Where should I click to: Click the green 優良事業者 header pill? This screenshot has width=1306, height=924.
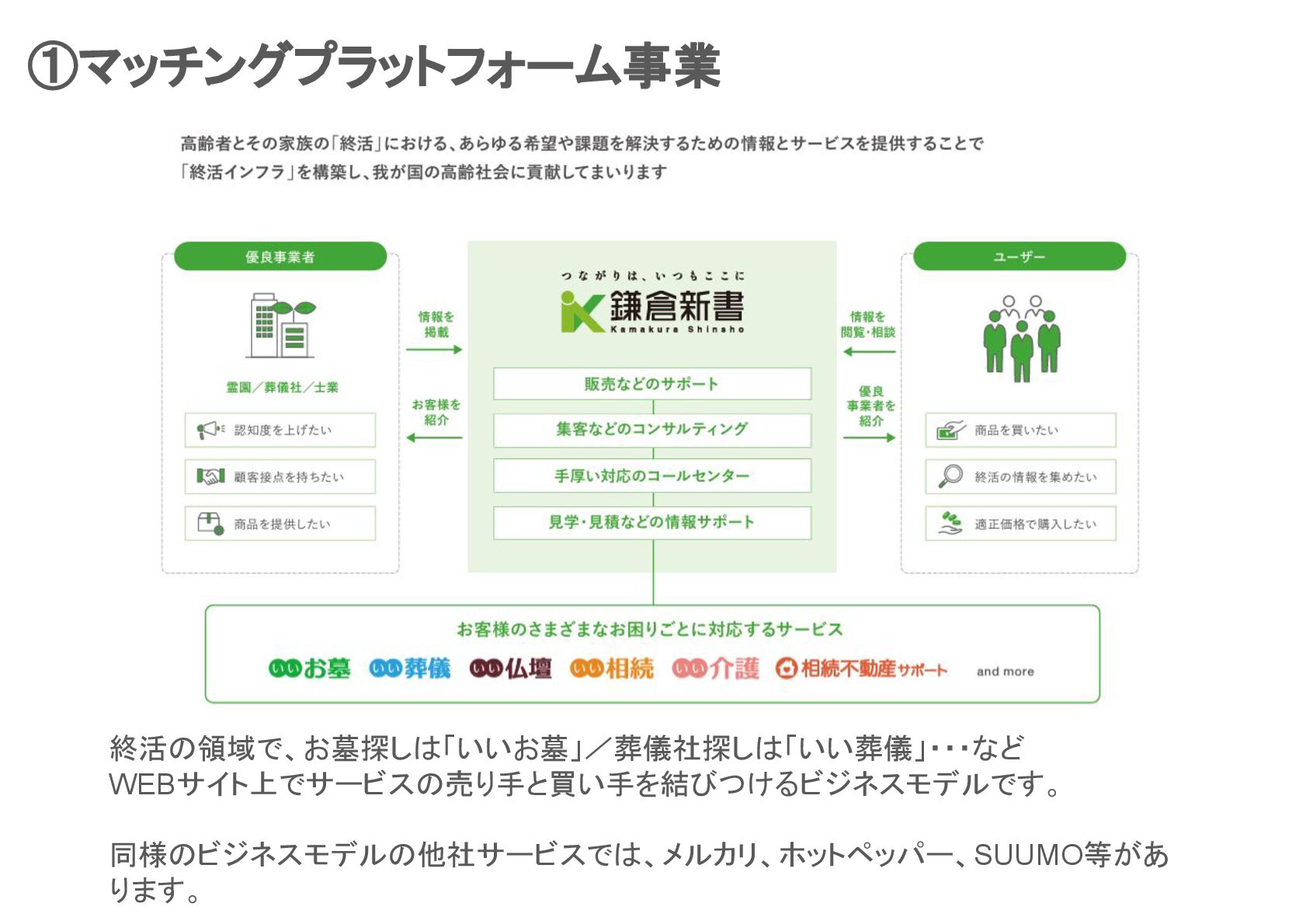(x=280, y=256)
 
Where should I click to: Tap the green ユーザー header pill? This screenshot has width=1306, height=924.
(x=1019, y=256)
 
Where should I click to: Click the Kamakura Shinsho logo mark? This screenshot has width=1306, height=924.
(x=581, y=312)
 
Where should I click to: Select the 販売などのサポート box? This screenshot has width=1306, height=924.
(x=651, y=384)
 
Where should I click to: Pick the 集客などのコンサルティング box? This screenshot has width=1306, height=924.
(x=651, y=429)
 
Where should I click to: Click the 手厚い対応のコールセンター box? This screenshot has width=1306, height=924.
(x=651, y=475)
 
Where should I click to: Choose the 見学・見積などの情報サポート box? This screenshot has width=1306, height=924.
(x=651, y=523)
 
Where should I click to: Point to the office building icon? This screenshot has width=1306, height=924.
(x=280, y=325)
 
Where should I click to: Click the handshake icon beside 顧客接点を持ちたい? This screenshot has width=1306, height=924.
(x=210, y=476)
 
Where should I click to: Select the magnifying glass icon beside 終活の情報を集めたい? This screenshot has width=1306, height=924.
(x=950, y=476)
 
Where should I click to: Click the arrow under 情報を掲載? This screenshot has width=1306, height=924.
(x=434, y=349)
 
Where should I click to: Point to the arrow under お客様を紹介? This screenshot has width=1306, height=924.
(x=434, y=438)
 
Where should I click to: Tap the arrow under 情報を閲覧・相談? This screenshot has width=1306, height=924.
(x=869, y=352)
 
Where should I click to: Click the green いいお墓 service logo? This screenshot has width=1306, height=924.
(x=309, y=669)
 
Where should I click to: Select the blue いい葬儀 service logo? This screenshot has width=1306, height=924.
(x=409, y=669)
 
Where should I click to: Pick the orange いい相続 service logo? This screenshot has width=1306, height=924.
(x=612, y=669)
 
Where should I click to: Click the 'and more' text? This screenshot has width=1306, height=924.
(x=1005, y=672)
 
